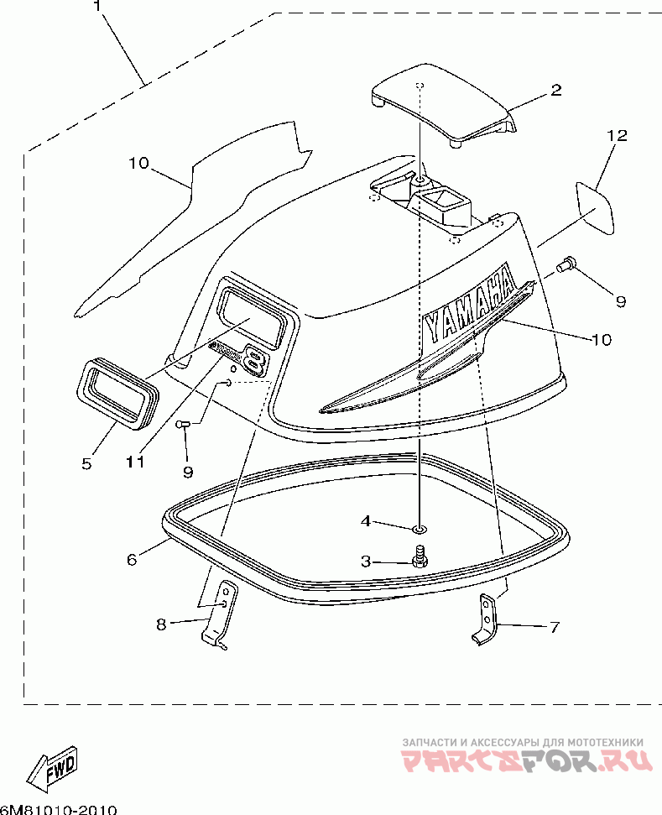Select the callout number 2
click(556, 91)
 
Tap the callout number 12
click(617, 135)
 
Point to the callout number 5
click(87, 462)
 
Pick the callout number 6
click(132, 559)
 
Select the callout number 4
click(366, 521)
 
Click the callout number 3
click(366, 562)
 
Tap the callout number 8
click(162, 623)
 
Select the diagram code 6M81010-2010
click(59, 809)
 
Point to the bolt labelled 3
click(420, 556)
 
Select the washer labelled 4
click(419, 529)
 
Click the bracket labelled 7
click(486, 619)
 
